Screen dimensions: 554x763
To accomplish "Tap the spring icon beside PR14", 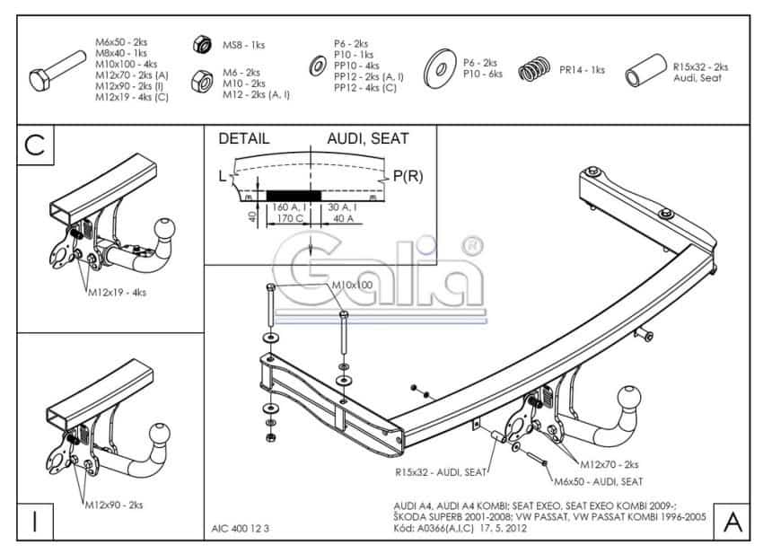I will [536, 68].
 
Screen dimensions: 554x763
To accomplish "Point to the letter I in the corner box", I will [34, 522].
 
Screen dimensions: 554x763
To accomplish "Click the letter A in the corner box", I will [732, 522].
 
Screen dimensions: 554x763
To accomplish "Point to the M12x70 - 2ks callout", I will [609, 464].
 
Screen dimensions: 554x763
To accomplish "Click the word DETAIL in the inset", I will [244, 138].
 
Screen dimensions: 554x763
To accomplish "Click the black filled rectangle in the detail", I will [293, 195].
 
